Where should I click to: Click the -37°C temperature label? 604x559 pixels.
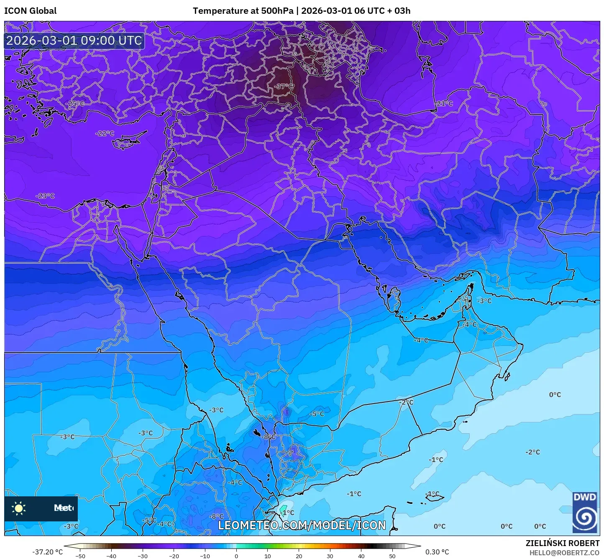click(x=284, y=86)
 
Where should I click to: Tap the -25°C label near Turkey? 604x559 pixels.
click(x=76, y=104)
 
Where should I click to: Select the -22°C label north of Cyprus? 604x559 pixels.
click(x=105, y=133)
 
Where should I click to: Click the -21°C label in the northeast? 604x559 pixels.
click(x=444, y=104)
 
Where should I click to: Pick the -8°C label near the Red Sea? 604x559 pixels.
click(x=269, y=437)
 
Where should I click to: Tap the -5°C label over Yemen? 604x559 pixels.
click(x=317, y=414)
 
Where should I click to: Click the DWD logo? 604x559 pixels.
click(x=585, y=512)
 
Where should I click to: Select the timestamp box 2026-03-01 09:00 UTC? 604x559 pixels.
click(x=74, y=41)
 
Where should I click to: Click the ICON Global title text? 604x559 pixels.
click(x=31, y=11)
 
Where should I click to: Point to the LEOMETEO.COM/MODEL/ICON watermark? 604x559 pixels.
click(x=302, y=525)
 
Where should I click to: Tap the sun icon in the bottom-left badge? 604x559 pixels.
click(x=19, y=508)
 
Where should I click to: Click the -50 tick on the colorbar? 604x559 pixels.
click(x=80, y=556)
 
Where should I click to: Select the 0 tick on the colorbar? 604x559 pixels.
click(x=236, y=556)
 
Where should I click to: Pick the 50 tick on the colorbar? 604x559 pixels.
click(x=392, y=556)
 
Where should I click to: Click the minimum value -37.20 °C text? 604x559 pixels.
click(x=47, y=552)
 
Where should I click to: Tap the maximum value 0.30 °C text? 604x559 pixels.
click(x=437, y=552)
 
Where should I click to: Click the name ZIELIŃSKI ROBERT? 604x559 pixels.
click(x=563, y=543)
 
